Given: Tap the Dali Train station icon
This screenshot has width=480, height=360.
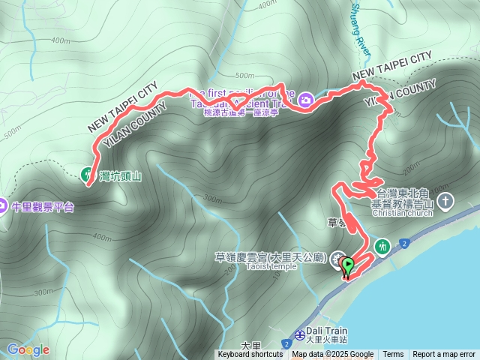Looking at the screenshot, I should point(298,334).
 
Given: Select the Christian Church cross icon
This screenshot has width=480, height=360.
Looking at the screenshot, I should point(446,200).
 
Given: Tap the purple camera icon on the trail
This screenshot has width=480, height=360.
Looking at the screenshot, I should point(306,99).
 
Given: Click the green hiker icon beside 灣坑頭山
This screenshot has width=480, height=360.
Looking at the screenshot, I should point(87,175).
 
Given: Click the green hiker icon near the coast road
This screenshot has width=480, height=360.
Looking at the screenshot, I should point(382,246).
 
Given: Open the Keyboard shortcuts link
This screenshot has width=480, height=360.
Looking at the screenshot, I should point(250,354).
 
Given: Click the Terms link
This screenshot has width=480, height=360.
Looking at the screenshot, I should point(393,354).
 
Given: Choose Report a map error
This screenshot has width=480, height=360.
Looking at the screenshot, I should point(444,354).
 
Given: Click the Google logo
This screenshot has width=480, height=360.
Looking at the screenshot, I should point(28,349).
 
